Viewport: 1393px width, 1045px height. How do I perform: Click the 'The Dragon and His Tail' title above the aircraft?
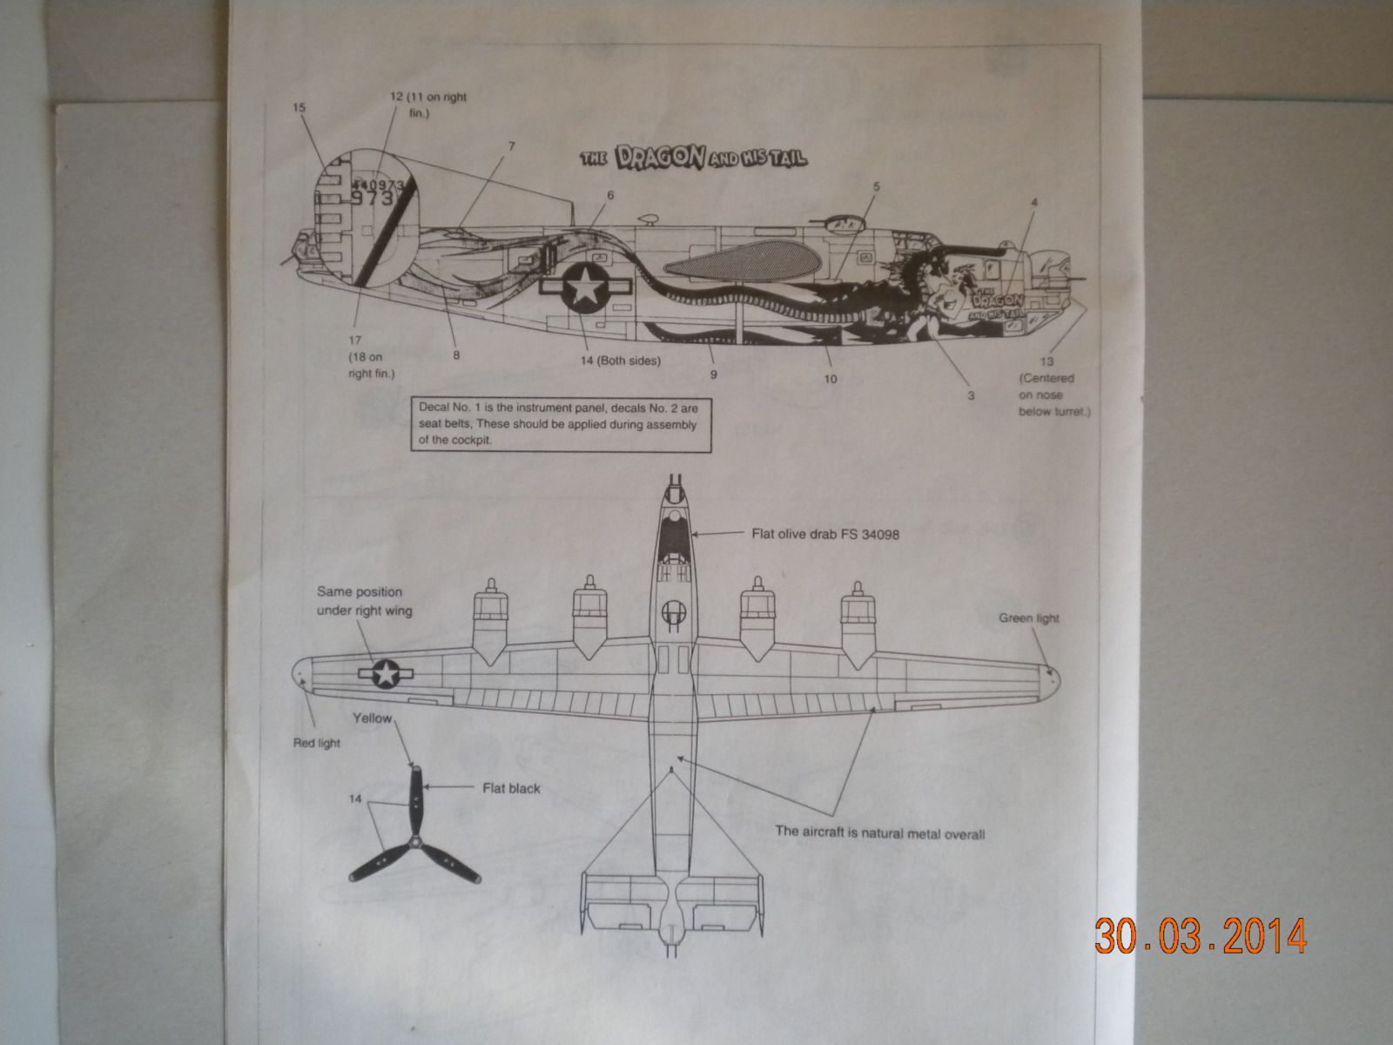click(694, 157)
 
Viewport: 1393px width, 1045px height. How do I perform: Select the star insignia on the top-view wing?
click(384, 673)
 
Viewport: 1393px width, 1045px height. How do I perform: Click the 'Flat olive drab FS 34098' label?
click(824, 536)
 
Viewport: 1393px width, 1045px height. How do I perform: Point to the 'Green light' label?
click(1029, 618)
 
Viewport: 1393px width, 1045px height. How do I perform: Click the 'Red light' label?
click(316, 743)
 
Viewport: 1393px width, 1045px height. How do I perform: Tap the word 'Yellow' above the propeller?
click(372, 719)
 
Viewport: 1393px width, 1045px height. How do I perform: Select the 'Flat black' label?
click(511, 788)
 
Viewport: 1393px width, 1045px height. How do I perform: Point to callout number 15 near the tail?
click(300, 108)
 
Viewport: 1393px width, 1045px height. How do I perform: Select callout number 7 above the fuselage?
click(511, 146)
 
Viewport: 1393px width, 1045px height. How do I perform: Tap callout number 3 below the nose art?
click(971, 395)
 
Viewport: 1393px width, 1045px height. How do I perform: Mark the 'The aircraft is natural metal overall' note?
click(879, 833)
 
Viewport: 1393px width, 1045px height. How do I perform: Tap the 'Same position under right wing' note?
click(365, 601)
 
